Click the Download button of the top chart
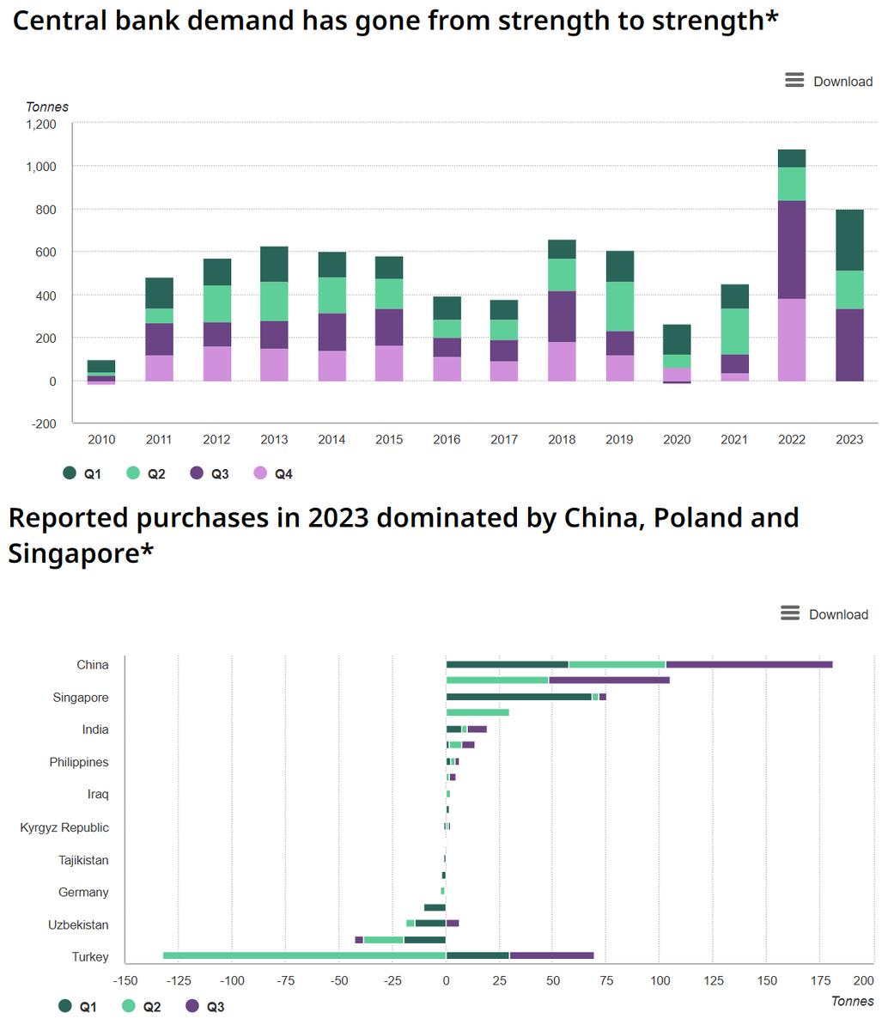pos(829,82)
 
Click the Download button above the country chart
pos(824,614)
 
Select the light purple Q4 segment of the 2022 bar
pos(792,339)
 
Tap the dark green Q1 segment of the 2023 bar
pos(849,240)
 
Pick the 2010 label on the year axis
pos(101,440)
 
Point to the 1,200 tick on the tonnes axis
pos(40,124)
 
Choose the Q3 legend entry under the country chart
pos(206,1006)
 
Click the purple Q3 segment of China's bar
pos(749,664)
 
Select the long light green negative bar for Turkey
pos(304,955)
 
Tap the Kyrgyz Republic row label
pos(64,827)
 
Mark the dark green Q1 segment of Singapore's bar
pos(519,697)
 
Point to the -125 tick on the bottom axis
pos(179,980)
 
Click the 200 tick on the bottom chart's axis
pos(863,980)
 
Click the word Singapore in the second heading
pos(72,554)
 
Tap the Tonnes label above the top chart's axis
pos(47,107)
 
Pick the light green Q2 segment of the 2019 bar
pos(619,307)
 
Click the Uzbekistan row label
pos(79,925)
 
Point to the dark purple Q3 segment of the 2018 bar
pos(562,316)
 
